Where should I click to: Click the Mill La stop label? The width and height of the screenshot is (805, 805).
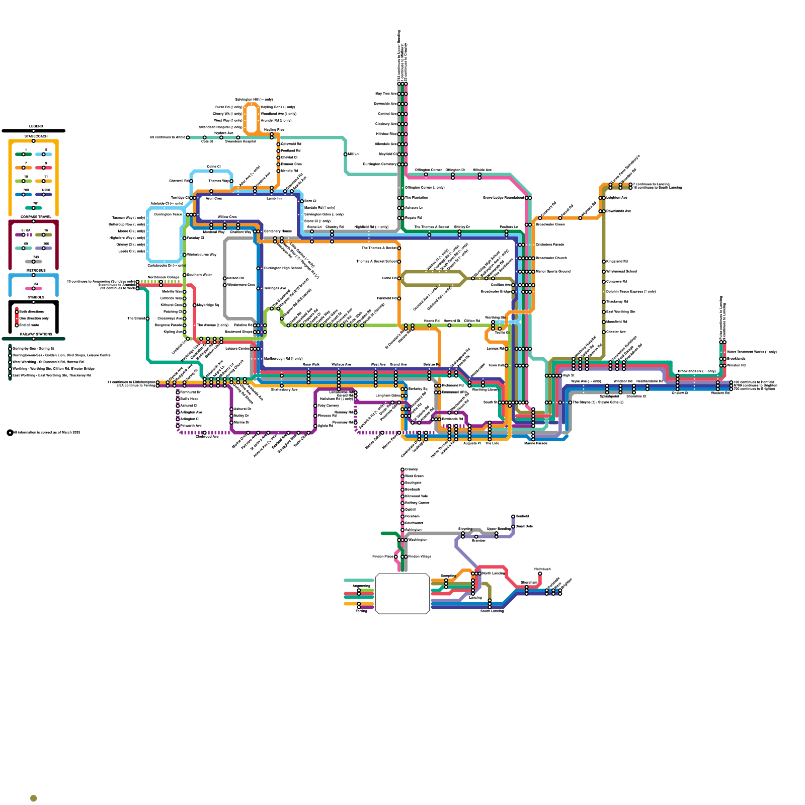pyautogui.click(x=354, y=154)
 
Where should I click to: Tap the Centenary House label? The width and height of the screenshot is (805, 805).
pyautogui.click(x=278, y=231)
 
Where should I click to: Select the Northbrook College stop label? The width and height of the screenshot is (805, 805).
pyautogui.click(x=164, y=277)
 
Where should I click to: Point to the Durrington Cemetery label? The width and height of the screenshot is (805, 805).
pyautogui.click(x=380, y=164)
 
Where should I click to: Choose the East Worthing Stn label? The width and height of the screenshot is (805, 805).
pyautogui.click(x=621, y=311)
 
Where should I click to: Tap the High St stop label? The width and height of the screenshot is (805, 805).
pyautogui.click(x=569, y=375)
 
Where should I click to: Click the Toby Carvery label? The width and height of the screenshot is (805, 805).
pyautogui.click(x=329, y=406)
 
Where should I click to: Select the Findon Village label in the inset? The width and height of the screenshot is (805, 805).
pyautogui.click(x=420, y=556)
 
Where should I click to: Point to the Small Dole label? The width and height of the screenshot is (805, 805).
pyautogui.click(x=524, y=526)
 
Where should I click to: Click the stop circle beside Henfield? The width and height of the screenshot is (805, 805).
pyautogui.click(x=513, y=516)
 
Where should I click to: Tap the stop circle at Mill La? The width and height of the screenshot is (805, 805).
pyautogui.click(x=346, y=154)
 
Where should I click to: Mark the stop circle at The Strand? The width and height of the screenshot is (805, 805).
pyautogui.click(x=147, y=318)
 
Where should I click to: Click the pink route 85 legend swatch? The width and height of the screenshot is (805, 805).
pyautogui.click(x=34, y=288)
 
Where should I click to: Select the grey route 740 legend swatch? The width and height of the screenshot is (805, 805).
pyautogui.click(x=34, y=262)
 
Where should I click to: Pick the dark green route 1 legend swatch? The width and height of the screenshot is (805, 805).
pyautogui.click(x=24, y=154)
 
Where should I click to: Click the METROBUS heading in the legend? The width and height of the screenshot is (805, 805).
pyautogui.click(x=36, y=271)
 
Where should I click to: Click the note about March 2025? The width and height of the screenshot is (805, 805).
pyautogui.click(x=47, y=432)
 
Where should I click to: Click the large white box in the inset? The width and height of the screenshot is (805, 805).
pyautogui.click(x=403, y=594)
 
